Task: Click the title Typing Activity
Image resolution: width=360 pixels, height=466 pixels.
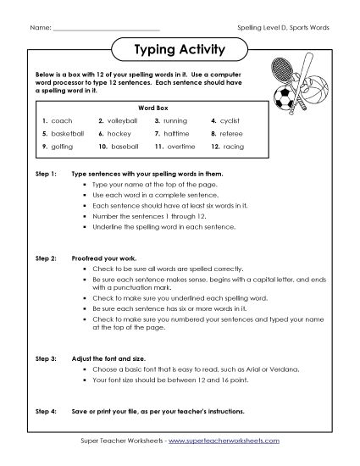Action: coord(180,49)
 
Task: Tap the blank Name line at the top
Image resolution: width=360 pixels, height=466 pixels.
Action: coord(106,27)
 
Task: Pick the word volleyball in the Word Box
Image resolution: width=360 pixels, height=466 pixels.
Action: coord(122,121)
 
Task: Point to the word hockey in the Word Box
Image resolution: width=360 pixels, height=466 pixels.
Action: coord(118,134)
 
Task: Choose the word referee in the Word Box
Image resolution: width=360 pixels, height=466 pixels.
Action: coord(233,134)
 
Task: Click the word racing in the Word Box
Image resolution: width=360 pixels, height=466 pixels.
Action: coord(233,147)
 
